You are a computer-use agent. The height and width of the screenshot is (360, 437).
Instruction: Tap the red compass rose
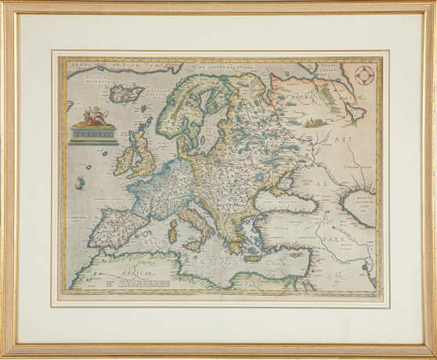pos(363,76)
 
